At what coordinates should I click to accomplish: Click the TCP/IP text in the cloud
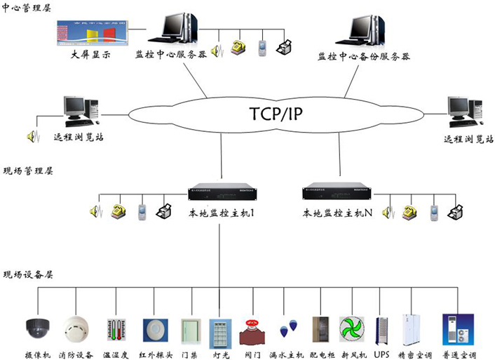click(x=279, y=113)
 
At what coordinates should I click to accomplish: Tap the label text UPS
click(x=382, y=355)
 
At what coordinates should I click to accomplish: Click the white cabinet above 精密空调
click(x=412, y=329)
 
